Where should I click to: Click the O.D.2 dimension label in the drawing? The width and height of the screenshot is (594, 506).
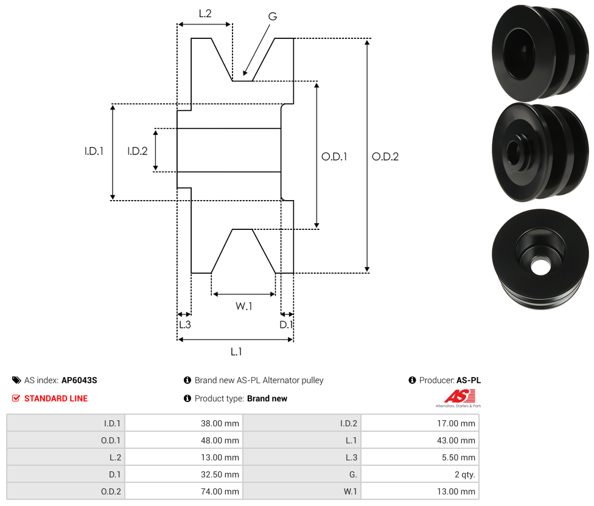pyautogui.click(x=385, y=157)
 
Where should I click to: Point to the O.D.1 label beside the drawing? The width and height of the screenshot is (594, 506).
pyautogui.click(x=334, y=157)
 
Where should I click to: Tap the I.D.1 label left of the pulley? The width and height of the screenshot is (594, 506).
pyautogui.click(x=94, y=151)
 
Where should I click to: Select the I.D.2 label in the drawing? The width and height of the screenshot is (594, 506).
pyautogui.click(x=137, y=151)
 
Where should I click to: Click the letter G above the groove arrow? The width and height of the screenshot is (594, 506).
pyautogui.click(x=273, y=16)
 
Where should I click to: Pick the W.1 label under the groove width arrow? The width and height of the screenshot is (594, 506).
pyautogui.click(x=243, y=306)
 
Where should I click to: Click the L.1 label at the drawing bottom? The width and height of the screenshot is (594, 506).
pyautogui.click(x=236, y=352)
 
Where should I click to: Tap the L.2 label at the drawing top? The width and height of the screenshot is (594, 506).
pyautogui.click(x=205, y=13)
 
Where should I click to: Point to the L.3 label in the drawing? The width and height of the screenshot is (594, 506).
pyautogui.click(x=185, y=325)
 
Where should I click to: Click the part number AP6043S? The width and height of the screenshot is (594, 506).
pyautogui.click(x=79, y=380)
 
